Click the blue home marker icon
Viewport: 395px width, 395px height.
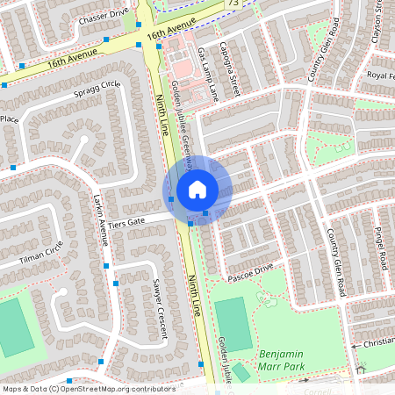197,189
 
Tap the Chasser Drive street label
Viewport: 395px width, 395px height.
103,16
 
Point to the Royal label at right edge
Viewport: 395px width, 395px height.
379,76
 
